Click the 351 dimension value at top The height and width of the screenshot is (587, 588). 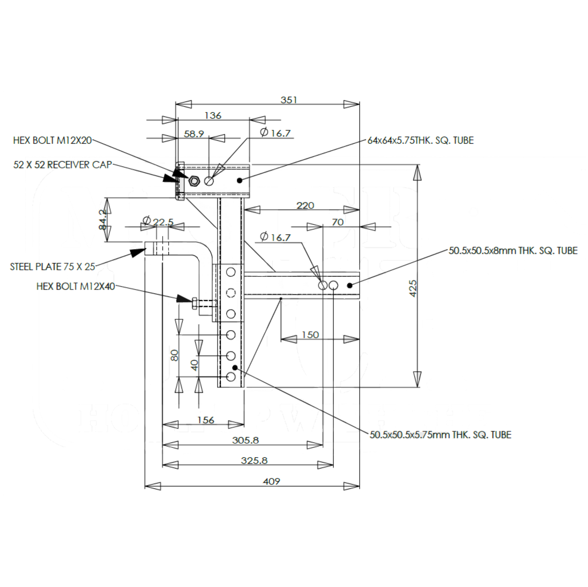click(289, 100)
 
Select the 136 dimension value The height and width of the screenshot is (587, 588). click(213, 116)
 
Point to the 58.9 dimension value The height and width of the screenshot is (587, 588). click(194, 134)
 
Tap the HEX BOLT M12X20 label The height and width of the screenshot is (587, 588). click(53, 140)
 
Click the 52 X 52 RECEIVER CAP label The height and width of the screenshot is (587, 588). click(63, 164)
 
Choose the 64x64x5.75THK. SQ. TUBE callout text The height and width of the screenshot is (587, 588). click(421, 140)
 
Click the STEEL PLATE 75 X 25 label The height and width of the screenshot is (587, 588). click(53, 267)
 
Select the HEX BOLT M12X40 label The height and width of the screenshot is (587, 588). click(76, 286)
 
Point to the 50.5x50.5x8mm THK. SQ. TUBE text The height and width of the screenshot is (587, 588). click(513, 251)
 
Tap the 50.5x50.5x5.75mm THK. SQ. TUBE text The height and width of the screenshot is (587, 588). click(441, 435)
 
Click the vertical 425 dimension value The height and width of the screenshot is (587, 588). click(413, 288)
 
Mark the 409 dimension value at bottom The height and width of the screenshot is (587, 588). click(272, 481)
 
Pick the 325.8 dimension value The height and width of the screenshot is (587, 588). click(254, 461)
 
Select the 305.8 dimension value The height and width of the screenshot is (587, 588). click(245, 440)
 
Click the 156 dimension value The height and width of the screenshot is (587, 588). click(206, 420)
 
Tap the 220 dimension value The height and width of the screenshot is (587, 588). click(305, 206)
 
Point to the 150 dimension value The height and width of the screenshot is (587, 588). click(310, 335)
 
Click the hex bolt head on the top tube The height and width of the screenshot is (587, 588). click(194, 181)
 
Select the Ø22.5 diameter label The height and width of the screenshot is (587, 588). click(158, 221)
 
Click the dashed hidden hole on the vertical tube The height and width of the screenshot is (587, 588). click(231, 293)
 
